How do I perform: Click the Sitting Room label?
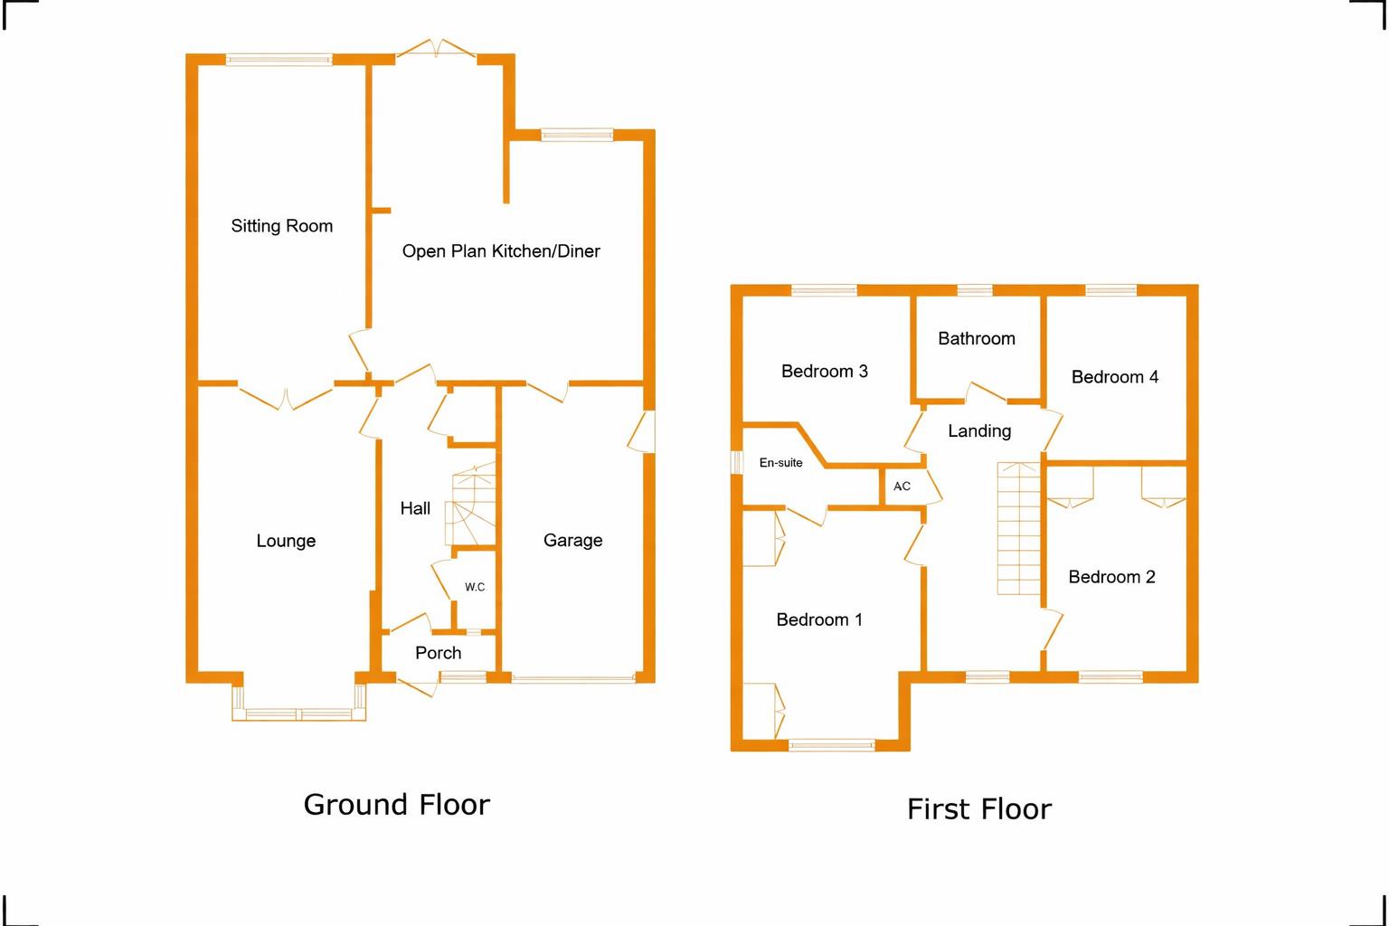point(281,226)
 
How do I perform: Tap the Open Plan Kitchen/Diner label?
point(501,251)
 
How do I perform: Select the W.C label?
point(475,587)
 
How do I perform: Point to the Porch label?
point(438,653)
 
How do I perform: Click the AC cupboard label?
point(902,487)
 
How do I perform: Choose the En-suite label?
point(780,463)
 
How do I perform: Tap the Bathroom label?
point(977,338)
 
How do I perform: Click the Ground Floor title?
point(397,805)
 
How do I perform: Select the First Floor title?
point(979,809)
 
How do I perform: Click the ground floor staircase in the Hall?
point(470,504)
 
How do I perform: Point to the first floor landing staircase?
point(1018,528)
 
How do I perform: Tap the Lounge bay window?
point(299,713)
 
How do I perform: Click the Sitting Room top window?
point(279,60)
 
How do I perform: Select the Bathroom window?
point(975,289)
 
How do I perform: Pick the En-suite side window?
point(737,462)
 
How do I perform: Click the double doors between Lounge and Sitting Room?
point(286,397)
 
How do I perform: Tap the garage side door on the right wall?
point(642,431)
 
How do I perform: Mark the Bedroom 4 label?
point(1114,376)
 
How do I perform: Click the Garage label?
point(572,540)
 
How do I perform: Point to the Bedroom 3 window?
point(824,289)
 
